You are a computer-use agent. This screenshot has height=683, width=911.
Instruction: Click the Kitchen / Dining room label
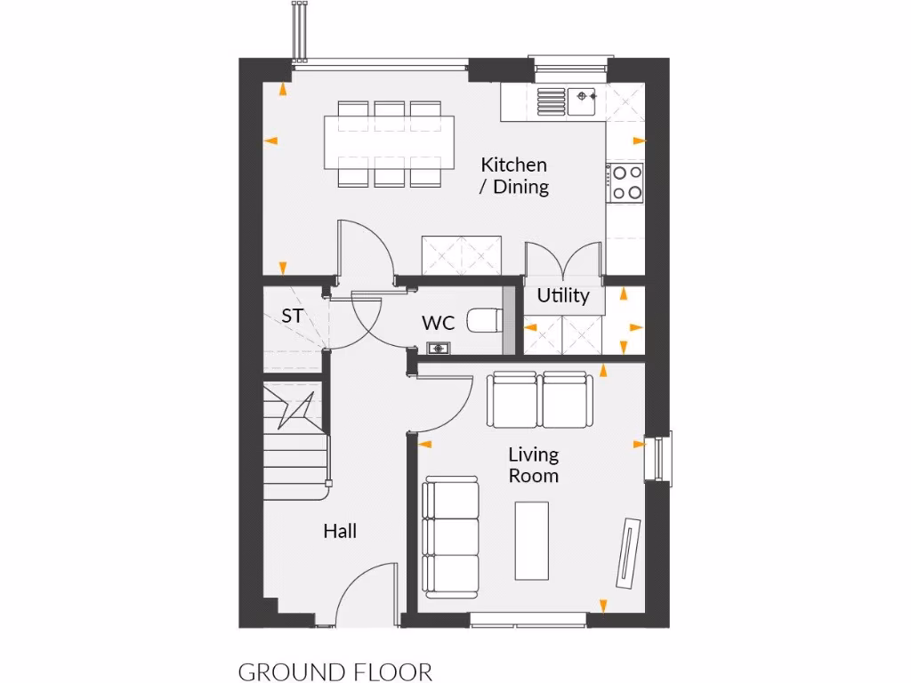(514, 175)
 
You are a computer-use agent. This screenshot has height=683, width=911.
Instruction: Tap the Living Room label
(534, 465)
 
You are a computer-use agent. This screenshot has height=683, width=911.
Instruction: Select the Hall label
(340, 531)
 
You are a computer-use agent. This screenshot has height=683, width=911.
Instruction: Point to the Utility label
(563, 295)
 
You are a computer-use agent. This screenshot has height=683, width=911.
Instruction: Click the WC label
(439, 323)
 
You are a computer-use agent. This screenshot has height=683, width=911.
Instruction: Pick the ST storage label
(292, 315)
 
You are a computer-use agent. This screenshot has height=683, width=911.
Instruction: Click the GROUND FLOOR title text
(335, 671)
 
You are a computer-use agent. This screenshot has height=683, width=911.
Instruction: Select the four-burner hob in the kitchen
(625, 181)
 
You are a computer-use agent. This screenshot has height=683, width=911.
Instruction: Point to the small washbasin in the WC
(437, 348)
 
